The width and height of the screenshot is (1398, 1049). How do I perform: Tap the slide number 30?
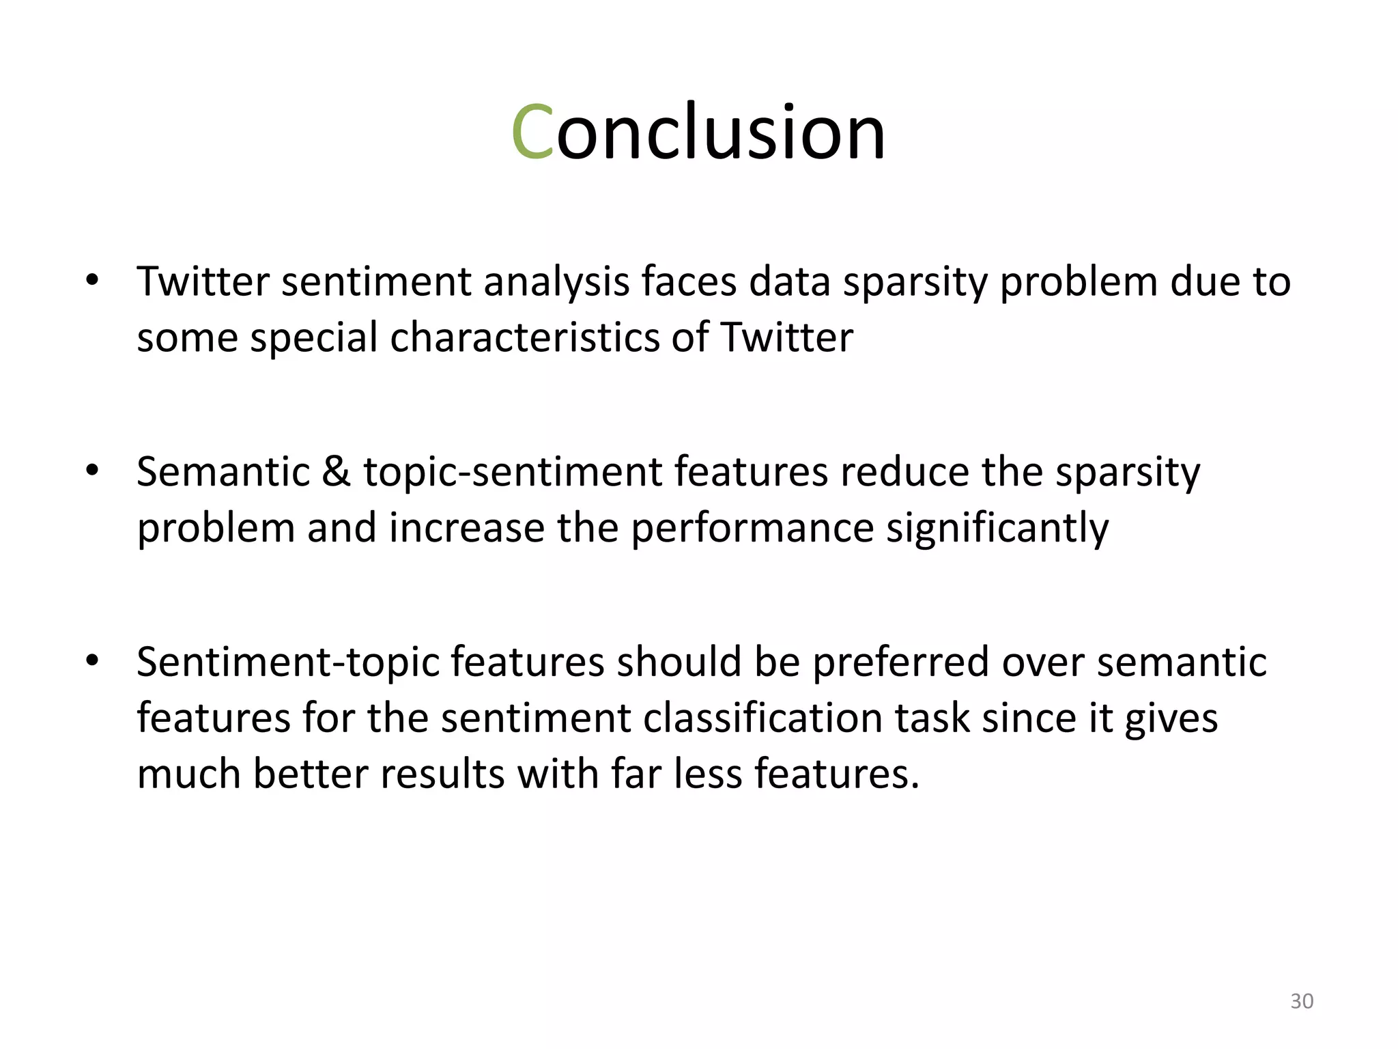point(1302,1001)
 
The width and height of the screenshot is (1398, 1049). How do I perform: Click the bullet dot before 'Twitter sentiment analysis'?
point(92,280)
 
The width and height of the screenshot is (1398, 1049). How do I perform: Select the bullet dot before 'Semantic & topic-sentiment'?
point(92,471)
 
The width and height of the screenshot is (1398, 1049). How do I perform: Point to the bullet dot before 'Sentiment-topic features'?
point(92,660)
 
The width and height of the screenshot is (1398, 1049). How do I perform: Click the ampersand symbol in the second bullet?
point(336,471)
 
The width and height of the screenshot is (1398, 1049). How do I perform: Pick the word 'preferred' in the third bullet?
point(900,662)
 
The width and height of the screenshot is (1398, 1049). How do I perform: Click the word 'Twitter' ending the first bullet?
point(786,337)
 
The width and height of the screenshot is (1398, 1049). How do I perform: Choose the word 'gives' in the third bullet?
point(1170,718)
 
